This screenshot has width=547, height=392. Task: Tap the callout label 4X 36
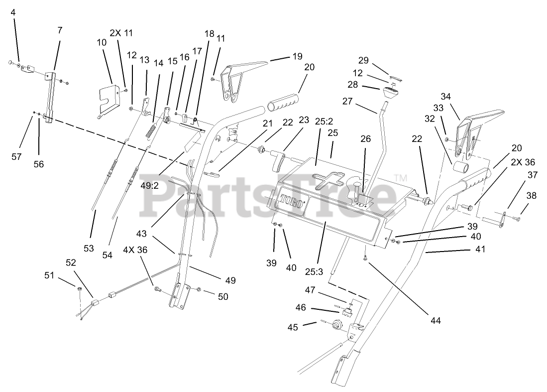[x=135, y=250]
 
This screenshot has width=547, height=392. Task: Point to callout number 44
[x=436, y=320]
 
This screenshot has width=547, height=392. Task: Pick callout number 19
[x=297, y=56]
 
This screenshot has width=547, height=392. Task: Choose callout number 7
[x=60, y=30]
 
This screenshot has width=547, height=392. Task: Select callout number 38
[x=531, y=196]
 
